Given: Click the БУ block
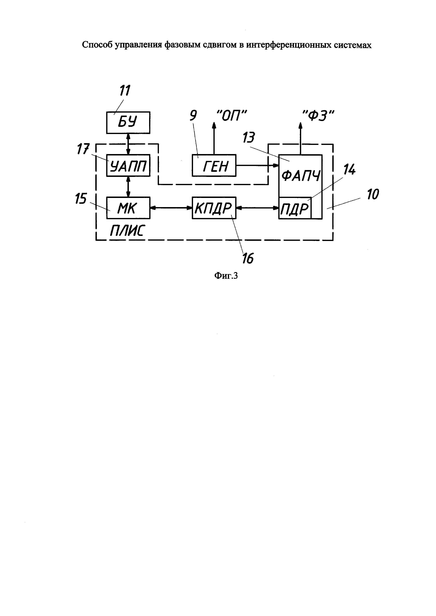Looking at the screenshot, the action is click(128, 123).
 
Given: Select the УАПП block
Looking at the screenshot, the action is click(128, 165).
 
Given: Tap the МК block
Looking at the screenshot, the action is click(128, 208).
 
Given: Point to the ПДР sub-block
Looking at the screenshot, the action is click(295, 208).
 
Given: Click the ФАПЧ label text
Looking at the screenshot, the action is click(301, 176).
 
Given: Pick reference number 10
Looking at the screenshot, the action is click(373, 194).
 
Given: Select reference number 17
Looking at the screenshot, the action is click(83, 149).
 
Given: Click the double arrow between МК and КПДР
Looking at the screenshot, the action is click(171, 208).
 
